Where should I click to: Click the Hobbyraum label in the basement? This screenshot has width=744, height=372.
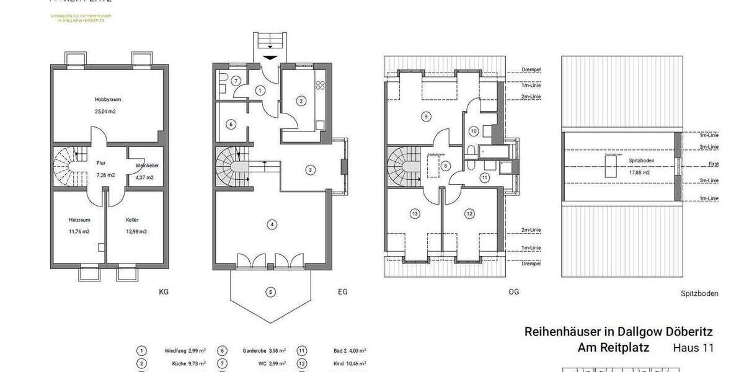(x=105, y=99)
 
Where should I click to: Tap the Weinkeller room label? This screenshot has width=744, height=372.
(x=144, y=166)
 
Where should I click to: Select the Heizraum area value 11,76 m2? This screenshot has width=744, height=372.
(x=79, y=231)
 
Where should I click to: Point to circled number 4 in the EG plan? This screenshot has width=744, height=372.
(x=271, y=224)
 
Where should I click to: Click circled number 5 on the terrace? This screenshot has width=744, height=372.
(x=270, y=291)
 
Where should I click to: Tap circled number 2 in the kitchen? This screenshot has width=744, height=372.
(x=301, y=100)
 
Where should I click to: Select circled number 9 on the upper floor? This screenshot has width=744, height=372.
(x=425, y=116)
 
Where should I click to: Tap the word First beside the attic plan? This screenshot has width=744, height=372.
(x=713, y=165)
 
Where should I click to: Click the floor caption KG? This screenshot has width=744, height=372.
(x=164, y=291)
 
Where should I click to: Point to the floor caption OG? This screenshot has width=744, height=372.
(x=513, y=291)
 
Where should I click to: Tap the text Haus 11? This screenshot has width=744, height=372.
(x=693, y=348)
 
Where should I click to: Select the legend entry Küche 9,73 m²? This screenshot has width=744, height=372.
(x=184, y=363)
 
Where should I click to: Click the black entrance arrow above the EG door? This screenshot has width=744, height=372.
(x=271, y=58)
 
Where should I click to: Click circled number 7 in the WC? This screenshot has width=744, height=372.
(x=236, y=81)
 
